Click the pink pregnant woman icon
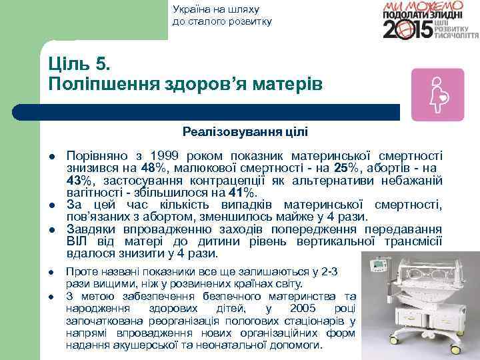coord(437,94)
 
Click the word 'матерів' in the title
coord(288,84)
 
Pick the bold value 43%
coord(81,179)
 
